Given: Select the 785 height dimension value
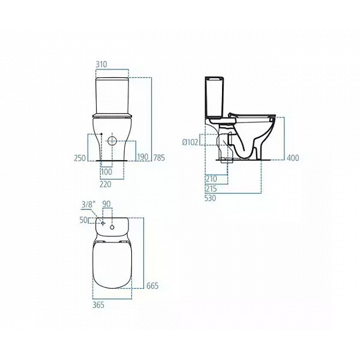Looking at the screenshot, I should [159, 158].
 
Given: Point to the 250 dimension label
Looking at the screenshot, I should [80, 158].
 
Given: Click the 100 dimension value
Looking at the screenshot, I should [106, 172].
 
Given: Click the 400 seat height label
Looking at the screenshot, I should [293, 158].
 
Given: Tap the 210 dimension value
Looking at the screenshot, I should [211, 179].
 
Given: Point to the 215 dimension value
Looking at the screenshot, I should [211, 188].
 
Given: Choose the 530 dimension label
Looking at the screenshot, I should [211, 197].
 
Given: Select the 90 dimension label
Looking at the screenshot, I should [107, 204].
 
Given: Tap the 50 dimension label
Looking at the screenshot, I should [83, 221].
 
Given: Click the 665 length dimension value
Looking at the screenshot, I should [153, 286].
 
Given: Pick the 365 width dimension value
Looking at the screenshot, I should [98, 305].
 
